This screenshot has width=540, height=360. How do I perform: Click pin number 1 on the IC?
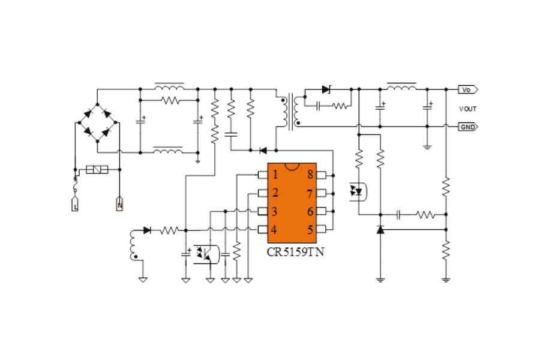(x=263, y=175)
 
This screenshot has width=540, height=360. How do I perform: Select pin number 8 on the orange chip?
(x=321, y=175)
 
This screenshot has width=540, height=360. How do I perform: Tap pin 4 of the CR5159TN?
(x=263, y=229)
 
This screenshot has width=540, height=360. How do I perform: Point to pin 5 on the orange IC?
(x=321, y=229)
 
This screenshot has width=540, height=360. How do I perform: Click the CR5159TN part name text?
(x=295, y=252)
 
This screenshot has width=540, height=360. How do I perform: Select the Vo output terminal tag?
(x=467, y=89)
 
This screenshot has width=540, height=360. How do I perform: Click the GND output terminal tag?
(x=467, y=127)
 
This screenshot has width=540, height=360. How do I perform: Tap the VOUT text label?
(x=467, y=109)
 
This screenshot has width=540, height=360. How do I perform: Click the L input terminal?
(x=75, y=204)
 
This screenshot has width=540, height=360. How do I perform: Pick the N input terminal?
(x=119, y=204)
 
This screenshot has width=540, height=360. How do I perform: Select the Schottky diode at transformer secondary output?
(x=326, y=89)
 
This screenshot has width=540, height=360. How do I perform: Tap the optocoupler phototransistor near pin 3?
(x=206, y=254)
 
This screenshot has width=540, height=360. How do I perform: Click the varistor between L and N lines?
(x=97, y=169)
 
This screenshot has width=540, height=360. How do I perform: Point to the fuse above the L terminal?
(x=75, y=185)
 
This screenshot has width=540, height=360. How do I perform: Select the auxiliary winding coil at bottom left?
(x=133, y=245)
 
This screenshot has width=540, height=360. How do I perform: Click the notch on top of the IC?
(x=292, y=167)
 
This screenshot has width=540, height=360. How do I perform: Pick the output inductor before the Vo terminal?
(x=401, y=87)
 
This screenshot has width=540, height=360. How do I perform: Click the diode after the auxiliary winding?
(x=147, y=230)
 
